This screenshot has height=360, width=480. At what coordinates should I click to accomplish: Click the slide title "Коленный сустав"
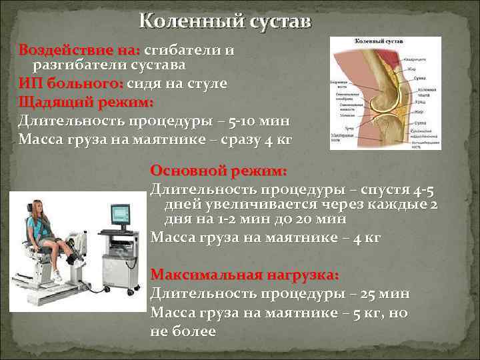[225, 21]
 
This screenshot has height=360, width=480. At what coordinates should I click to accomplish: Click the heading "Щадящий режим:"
[86, 103]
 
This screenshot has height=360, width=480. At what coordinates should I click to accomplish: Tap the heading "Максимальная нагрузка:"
[245, 275]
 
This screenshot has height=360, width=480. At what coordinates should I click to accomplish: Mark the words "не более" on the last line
[183, 331]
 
